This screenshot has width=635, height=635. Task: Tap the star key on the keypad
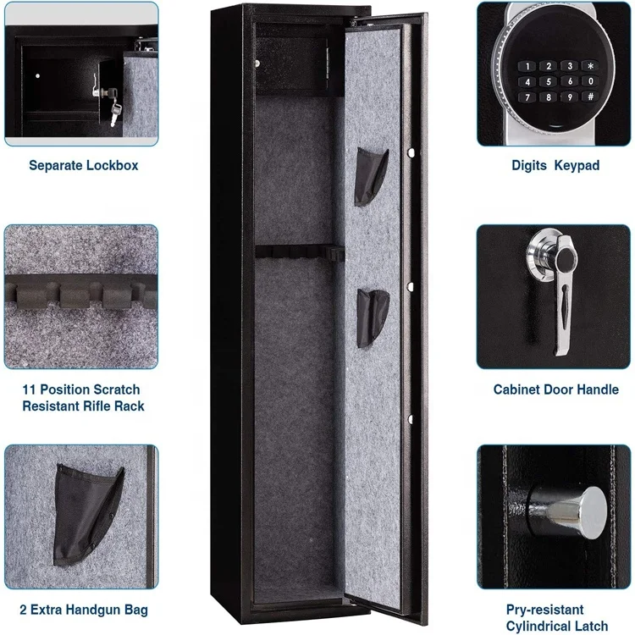tap(591, 65)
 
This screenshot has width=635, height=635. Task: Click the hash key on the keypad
tap(591, 97)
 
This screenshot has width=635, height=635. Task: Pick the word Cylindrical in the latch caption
tap(542, 626)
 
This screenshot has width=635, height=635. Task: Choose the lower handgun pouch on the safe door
tap(372, 316)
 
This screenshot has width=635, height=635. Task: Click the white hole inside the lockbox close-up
tap(37, 80)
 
